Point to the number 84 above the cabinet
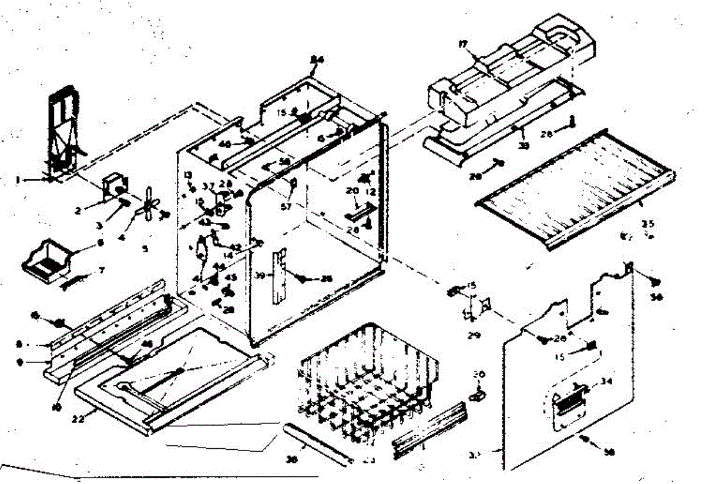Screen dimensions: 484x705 click(x=317, y=59)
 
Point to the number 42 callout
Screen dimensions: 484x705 click(x=235, y=246)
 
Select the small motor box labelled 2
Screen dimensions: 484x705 click(x=113, y=187)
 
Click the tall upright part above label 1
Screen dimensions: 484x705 click(x=62, y=129)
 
